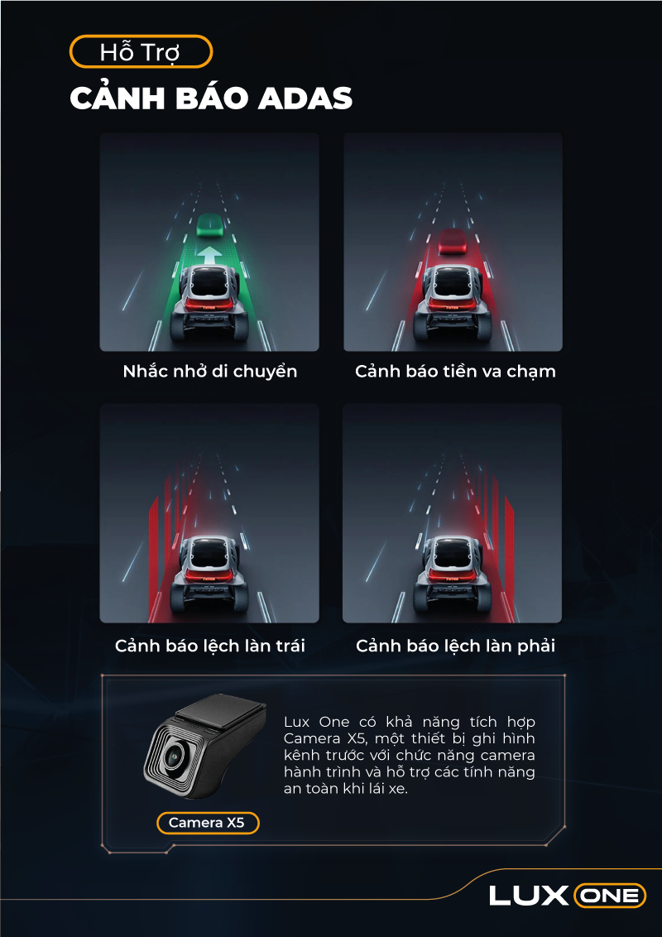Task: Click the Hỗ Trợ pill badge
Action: tap(141, 52)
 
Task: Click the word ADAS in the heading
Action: tap(305, 99)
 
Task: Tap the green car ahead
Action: tap(209, 224)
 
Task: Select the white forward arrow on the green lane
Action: tap(209, 255)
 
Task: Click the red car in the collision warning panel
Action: tap(453, 240)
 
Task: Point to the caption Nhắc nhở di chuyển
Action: tap(209, 371)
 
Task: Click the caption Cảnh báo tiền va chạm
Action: tap(455, 371)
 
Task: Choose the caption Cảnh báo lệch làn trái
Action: tap(209, 646)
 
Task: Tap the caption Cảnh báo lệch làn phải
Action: tap(455, 646)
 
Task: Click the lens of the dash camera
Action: tap(175, 757)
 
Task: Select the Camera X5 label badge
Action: tap(208, 823)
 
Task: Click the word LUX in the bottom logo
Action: tap(528, 895)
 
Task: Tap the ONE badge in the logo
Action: tap(609, 896)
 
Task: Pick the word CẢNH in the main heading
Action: tap(118, 98)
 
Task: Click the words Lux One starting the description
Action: tap(317, 722)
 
